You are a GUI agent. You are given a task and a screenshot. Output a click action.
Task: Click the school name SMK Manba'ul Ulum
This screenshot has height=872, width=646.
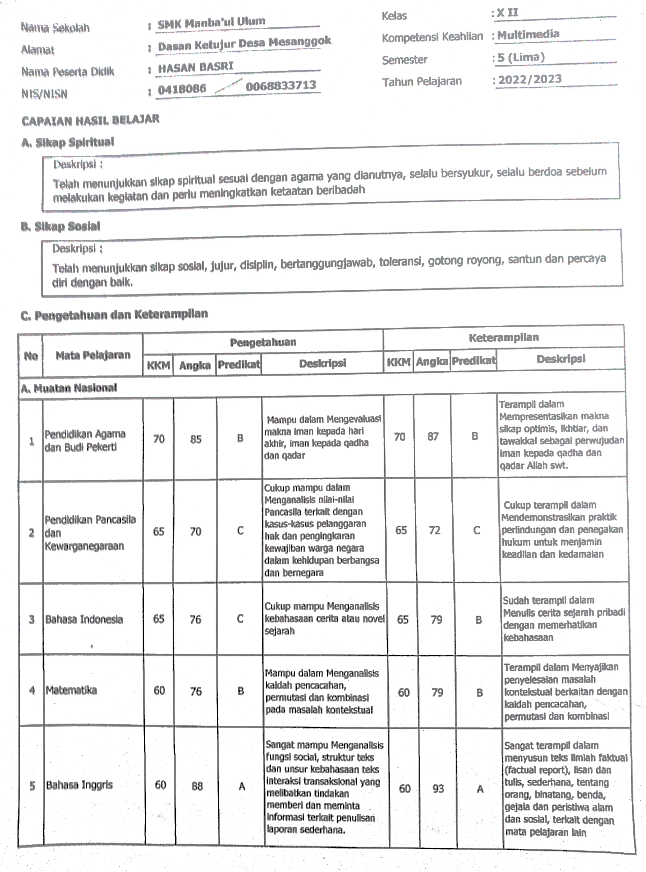[211, 23]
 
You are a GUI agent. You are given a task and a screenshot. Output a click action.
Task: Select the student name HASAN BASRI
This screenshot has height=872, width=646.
[196, 67]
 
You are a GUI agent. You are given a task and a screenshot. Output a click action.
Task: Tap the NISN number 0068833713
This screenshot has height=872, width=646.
[281, 85]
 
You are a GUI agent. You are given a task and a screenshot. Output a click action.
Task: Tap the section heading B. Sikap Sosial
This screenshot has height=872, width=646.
[61, 227]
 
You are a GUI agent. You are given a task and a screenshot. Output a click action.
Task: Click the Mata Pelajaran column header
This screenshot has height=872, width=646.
[93, 355]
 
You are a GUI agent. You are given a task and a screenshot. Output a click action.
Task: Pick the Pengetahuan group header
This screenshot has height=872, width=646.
[263, 342]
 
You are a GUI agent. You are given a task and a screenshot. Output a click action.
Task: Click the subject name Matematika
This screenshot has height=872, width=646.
[71, 690]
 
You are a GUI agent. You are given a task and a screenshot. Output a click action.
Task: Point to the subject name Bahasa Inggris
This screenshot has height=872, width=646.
[79, 785]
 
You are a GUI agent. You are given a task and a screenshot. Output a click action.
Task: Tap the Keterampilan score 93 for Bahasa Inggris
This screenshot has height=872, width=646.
[438, 789]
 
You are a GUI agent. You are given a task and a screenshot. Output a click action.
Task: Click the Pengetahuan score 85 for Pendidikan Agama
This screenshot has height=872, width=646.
[196, 439]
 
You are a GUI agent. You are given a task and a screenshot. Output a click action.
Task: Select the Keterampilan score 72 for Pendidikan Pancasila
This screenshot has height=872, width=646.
[434, 530]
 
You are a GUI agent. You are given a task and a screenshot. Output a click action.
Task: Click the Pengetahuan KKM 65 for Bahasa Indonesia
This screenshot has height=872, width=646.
[158, 619]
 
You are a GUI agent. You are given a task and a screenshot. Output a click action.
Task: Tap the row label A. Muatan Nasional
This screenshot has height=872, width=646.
[69, 388]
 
